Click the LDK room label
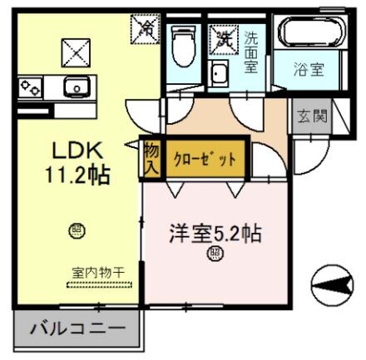pyautogui.click(x=77, y=151)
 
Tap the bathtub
pyautogui.click(x=310, y=32)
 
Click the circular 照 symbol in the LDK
pyautogui.click(x=77, y=230)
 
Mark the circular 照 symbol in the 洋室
pyautogui.click(x=215, y=254)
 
